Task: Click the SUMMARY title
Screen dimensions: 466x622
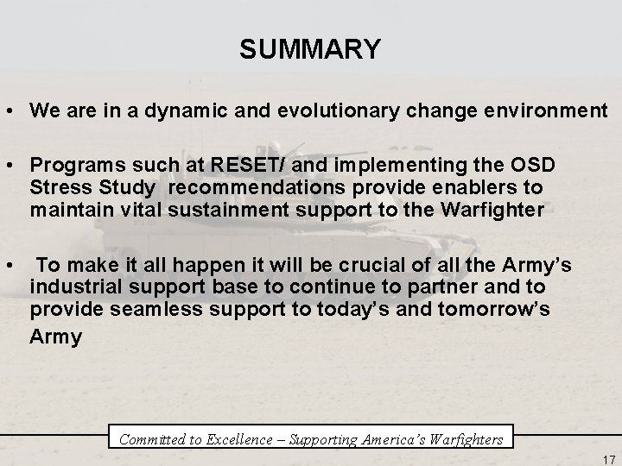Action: click(x=310, y=50)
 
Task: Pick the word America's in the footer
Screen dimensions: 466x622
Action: click(x=382, y=439)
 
